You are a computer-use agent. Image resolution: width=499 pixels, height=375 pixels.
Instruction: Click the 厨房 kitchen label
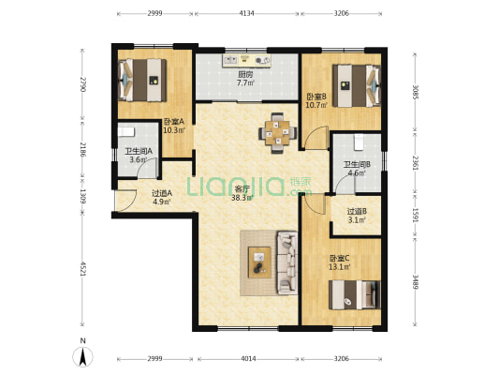[245, 75]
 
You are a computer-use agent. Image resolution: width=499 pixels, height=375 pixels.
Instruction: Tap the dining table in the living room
[278, 132]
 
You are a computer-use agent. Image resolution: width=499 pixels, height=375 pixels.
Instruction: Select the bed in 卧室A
[142, 80]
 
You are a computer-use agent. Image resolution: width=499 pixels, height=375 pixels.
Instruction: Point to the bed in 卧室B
[357, 85]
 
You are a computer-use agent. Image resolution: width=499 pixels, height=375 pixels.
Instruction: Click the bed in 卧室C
[355, 294]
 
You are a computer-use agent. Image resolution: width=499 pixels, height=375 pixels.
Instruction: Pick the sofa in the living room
[287, 262]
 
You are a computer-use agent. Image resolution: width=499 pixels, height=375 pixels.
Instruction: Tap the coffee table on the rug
[260, 262]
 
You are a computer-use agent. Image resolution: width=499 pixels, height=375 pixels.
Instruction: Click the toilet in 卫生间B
[359, 142]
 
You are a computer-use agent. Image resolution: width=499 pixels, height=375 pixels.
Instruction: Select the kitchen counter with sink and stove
[246, 61]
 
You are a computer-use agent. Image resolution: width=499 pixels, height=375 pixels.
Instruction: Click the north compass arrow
[83, 357]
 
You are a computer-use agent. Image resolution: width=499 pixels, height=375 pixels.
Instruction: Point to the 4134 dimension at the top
[246, 13]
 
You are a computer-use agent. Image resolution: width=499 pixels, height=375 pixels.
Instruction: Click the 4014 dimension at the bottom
[248, 359]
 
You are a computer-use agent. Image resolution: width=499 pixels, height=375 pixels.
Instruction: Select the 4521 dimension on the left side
[82, 269]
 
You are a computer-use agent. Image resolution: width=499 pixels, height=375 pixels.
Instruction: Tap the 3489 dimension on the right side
[415, 281]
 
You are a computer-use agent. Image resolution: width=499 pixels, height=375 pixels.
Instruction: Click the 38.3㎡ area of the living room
[242, 198]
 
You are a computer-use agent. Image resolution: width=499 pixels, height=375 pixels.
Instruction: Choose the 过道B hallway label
[357, 211]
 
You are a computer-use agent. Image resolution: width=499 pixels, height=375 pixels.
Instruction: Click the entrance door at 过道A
[126, 201]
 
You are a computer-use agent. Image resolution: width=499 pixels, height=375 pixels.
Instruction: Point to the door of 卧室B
[316, 138]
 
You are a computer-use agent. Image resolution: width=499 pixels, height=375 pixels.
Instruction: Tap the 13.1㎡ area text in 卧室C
[339, 266]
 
